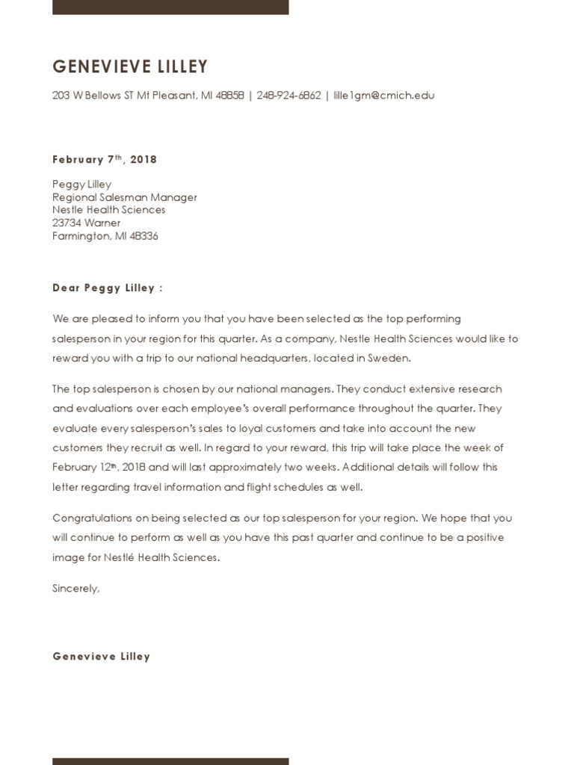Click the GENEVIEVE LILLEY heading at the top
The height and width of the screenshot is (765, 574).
pos(130,67)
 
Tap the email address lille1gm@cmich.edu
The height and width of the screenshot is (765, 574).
pos(383,96)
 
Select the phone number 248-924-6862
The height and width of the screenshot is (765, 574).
pos(288,96)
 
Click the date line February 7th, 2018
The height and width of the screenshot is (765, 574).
pos(105,159)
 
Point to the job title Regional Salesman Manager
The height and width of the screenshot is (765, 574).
pos(125,197)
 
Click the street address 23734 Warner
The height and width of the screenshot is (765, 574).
pos(86,223)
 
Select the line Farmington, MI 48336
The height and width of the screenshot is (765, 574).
pos(105,236)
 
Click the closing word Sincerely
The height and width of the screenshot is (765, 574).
pos(75,588)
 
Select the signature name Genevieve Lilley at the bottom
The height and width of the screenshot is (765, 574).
pos(101,656)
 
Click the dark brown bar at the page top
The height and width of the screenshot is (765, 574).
pos(170,7)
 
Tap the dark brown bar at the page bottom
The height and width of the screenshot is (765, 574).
pos(170,761)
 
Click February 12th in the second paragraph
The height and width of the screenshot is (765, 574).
pos(82,467)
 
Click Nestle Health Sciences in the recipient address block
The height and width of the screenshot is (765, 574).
pos(108,210)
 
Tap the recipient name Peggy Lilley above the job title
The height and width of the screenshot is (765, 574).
pos(81,185)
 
